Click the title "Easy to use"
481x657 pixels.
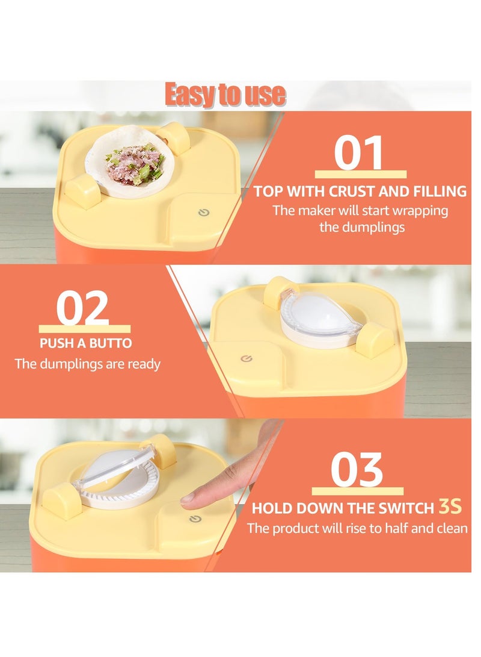(x=225, y=95)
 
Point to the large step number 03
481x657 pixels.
(x=357, y=470)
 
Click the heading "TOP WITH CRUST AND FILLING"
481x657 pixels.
(x=360, y=191)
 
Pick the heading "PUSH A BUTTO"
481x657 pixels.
(x=86, y=344)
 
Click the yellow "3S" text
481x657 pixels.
(x=450, y=506)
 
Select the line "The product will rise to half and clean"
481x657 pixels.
(x=357, y=528)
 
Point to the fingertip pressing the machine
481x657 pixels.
(x=189, y=497)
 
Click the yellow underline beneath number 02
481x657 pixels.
(x=85, y=329)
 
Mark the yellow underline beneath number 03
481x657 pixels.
(x=358, y=491)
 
